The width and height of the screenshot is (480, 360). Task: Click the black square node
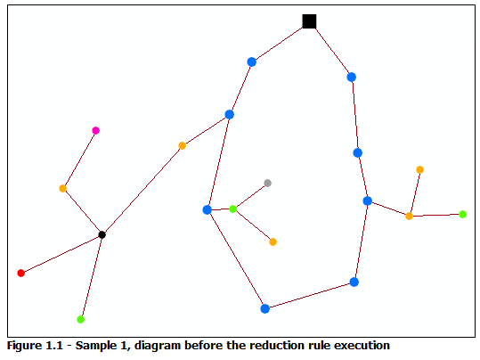point(309,21)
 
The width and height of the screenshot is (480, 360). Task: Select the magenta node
point(96,131)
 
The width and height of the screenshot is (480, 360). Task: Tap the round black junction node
point(102,234)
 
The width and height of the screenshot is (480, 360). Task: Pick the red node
point(21,273)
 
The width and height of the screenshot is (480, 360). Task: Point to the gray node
point(267,183)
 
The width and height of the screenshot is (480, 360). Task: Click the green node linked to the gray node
point(233,209)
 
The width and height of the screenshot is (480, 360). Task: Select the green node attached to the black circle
point(81,319)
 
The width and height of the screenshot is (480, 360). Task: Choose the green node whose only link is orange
point(462,214)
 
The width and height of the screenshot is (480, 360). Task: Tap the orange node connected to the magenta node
point(63,188)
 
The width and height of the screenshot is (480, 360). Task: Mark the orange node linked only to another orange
point(419,169)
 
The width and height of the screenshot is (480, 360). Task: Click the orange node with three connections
point(409,216)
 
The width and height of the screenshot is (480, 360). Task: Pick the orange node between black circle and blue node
point(182,145)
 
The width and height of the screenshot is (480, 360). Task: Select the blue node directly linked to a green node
point(207,209)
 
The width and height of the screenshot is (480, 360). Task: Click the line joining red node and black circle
point(61,254)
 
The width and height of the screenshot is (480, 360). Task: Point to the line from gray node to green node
point(250,196)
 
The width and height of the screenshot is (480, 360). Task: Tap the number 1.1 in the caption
point(56,345)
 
